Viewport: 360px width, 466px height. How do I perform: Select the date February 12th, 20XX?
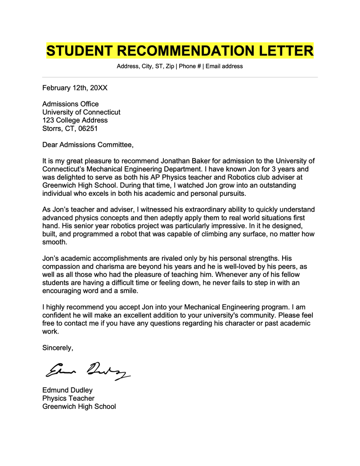click(x=75, y=88)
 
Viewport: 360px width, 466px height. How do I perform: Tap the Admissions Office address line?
click(x=70, y=104)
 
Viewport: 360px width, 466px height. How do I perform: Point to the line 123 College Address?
click(x=75, y=120)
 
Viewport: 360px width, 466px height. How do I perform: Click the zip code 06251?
click(x=88, y=128)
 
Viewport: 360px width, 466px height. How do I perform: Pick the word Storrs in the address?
click(x=52, y=128)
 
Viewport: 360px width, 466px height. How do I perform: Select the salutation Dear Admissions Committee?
click(x=88, y=145)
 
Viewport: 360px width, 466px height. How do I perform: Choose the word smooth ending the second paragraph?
click(x=54, y=242)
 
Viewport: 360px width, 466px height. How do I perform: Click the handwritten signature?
click(x=86, y=370)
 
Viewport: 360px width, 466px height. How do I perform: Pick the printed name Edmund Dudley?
click(x=67, y=390)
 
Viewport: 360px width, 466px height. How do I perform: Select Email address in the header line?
click(x=224, y=66)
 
